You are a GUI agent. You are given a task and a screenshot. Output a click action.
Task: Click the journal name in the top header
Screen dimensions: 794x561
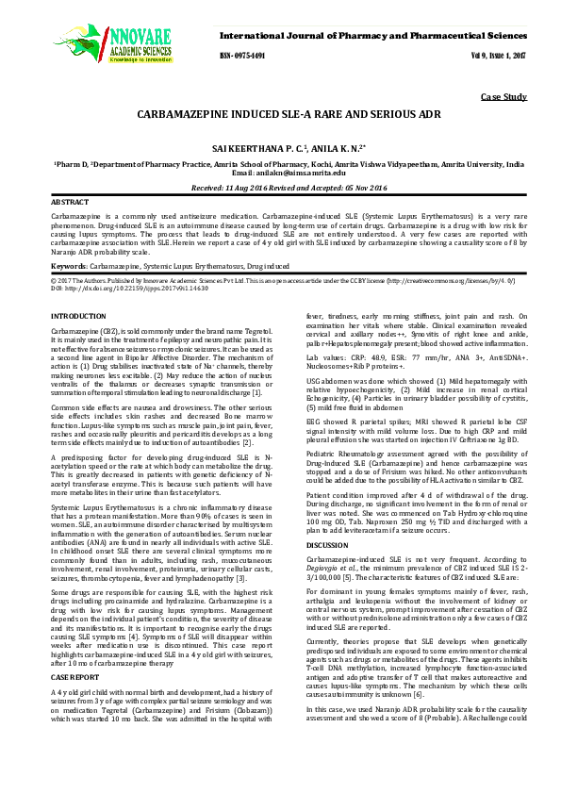pyautogui.click(x=372, y=34)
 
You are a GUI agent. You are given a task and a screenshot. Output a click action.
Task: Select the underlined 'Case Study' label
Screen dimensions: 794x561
pyautogui.click(x=503, y=97)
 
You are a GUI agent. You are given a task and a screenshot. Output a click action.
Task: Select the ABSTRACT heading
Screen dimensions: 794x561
pyautogui.click(x=69, y=203)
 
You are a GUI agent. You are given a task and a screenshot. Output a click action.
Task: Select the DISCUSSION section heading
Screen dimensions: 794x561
pyautogui.click(x=327, y=545)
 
